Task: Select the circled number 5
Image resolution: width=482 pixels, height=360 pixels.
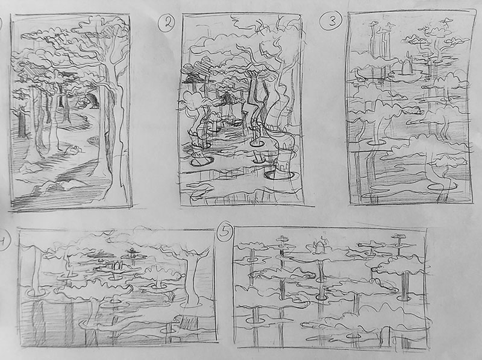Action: point(224,231)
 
